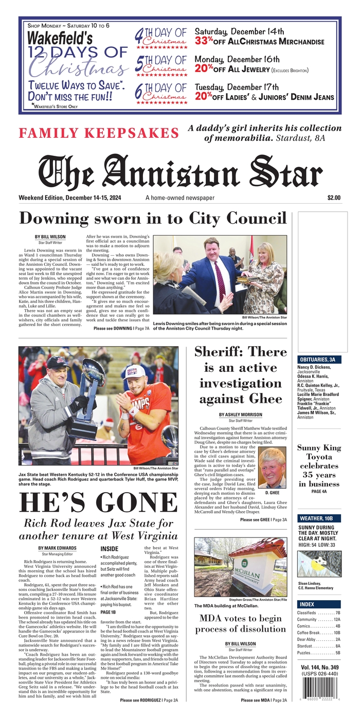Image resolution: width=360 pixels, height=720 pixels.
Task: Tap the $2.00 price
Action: coord(333,198)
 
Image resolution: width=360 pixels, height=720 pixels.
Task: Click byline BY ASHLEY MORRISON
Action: coord(240,415)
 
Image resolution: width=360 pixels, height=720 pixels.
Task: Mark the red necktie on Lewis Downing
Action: coord(220,281)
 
